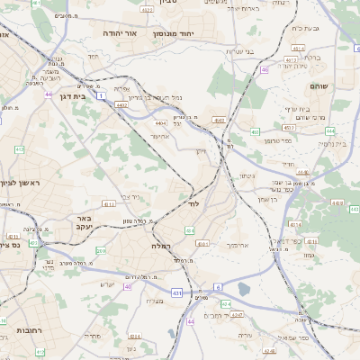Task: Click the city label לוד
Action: pyautogui.click(x=193, y=204)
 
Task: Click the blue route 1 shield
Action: pyautogui.click(x=103, y=94)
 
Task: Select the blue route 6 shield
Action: pyautogui.click(x=217, y=287)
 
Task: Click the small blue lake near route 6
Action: pyautogui.click(x=243, y=290)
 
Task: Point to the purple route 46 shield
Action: pyautogui.click(x=265, y=69)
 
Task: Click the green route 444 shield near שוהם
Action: pyautogui.click(x=330, y=130)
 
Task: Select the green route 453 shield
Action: pyautogui.click(x=219, y=119)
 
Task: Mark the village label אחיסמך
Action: pyautogui.click(x=230, y=244)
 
